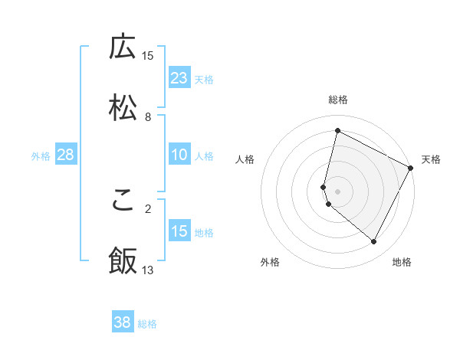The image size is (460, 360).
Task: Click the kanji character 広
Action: click(123, 47)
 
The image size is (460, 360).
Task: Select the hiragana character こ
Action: click(123, 200)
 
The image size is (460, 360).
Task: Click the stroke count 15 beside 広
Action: click(148, 55)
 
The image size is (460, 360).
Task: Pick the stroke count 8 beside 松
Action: click(148, 116)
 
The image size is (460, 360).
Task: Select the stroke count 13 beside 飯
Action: click(148, 270)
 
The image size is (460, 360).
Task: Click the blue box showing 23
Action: click(179, 78)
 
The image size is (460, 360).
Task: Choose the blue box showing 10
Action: click(179, 155)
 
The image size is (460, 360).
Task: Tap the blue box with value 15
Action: click(179, 231)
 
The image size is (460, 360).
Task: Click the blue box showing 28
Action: click(66, 155)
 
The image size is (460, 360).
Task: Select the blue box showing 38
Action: click(123, 322)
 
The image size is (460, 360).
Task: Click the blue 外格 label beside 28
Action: click(41, 155)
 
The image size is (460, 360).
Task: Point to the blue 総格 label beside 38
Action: click(147, 324)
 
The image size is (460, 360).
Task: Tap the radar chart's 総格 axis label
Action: click(338, 100)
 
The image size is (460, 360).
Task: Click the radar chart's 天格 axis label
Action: click(431, 159)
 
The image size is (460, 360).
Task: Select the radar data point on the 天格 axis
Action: click(412, 168)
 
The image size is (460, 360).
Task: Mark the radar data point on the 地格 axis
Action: click(374, 242)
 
